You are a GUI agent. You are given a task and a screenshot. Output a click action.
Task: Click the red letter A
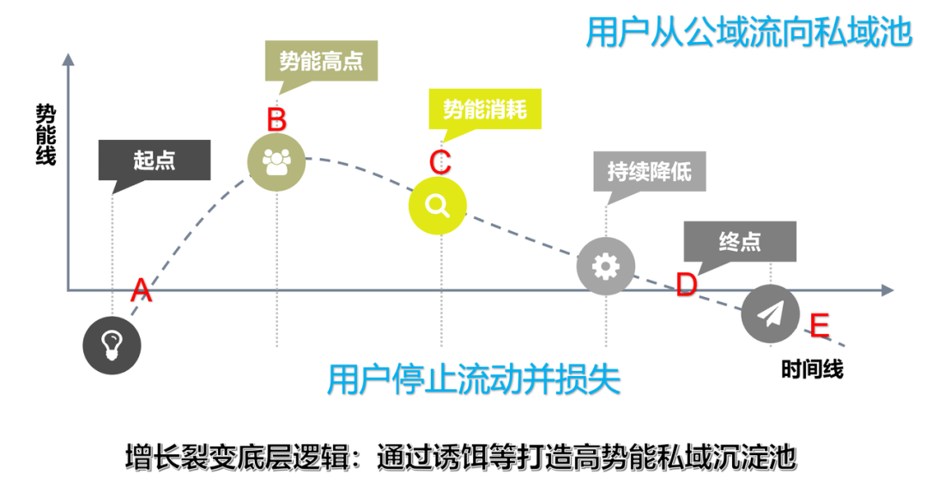[141, 292]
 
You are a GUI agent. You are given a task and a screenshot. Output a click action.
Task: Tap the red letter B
[276, 119]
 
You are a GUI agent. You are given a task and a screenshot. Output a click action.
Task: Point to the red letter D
[686, 285]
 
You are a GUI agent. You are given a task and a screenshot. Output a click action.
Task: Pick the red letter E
[819, 325]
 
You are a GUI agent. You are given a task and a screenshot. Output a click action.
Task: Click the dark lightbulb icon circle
[112, 345]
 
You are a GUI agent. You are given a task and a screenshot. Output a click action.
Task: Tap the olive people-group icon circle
[276, 160]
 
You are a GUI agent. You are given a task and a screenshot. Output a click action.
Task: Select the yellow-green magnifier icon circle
[437, 204]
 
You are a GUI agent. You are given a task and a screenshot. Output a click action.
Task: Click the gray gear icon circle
[606, 267]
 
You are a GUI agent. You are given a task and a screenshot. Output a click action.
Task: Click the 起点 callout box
[154, 160]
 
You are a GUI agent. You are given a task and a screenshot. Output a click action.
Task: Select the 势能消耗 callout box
[486, 109]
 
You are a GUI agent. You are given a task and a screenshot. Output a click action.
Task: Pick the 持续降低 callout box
[650, 172]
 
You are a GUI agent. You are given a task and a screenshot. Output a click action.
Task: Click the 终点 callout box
[740, 241]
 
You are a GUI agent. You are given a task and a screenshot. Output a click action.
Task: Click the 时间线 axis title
[812, 369]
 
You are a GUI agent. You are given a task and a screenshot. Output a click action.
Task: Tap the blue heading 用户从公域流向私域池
[748, 33]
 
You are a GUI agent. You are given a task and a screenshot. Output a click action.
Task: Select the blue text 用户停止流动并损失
[474, 379]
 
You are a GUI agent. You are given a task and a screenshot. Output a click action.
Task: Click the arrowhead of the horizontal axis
[888, 291]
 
